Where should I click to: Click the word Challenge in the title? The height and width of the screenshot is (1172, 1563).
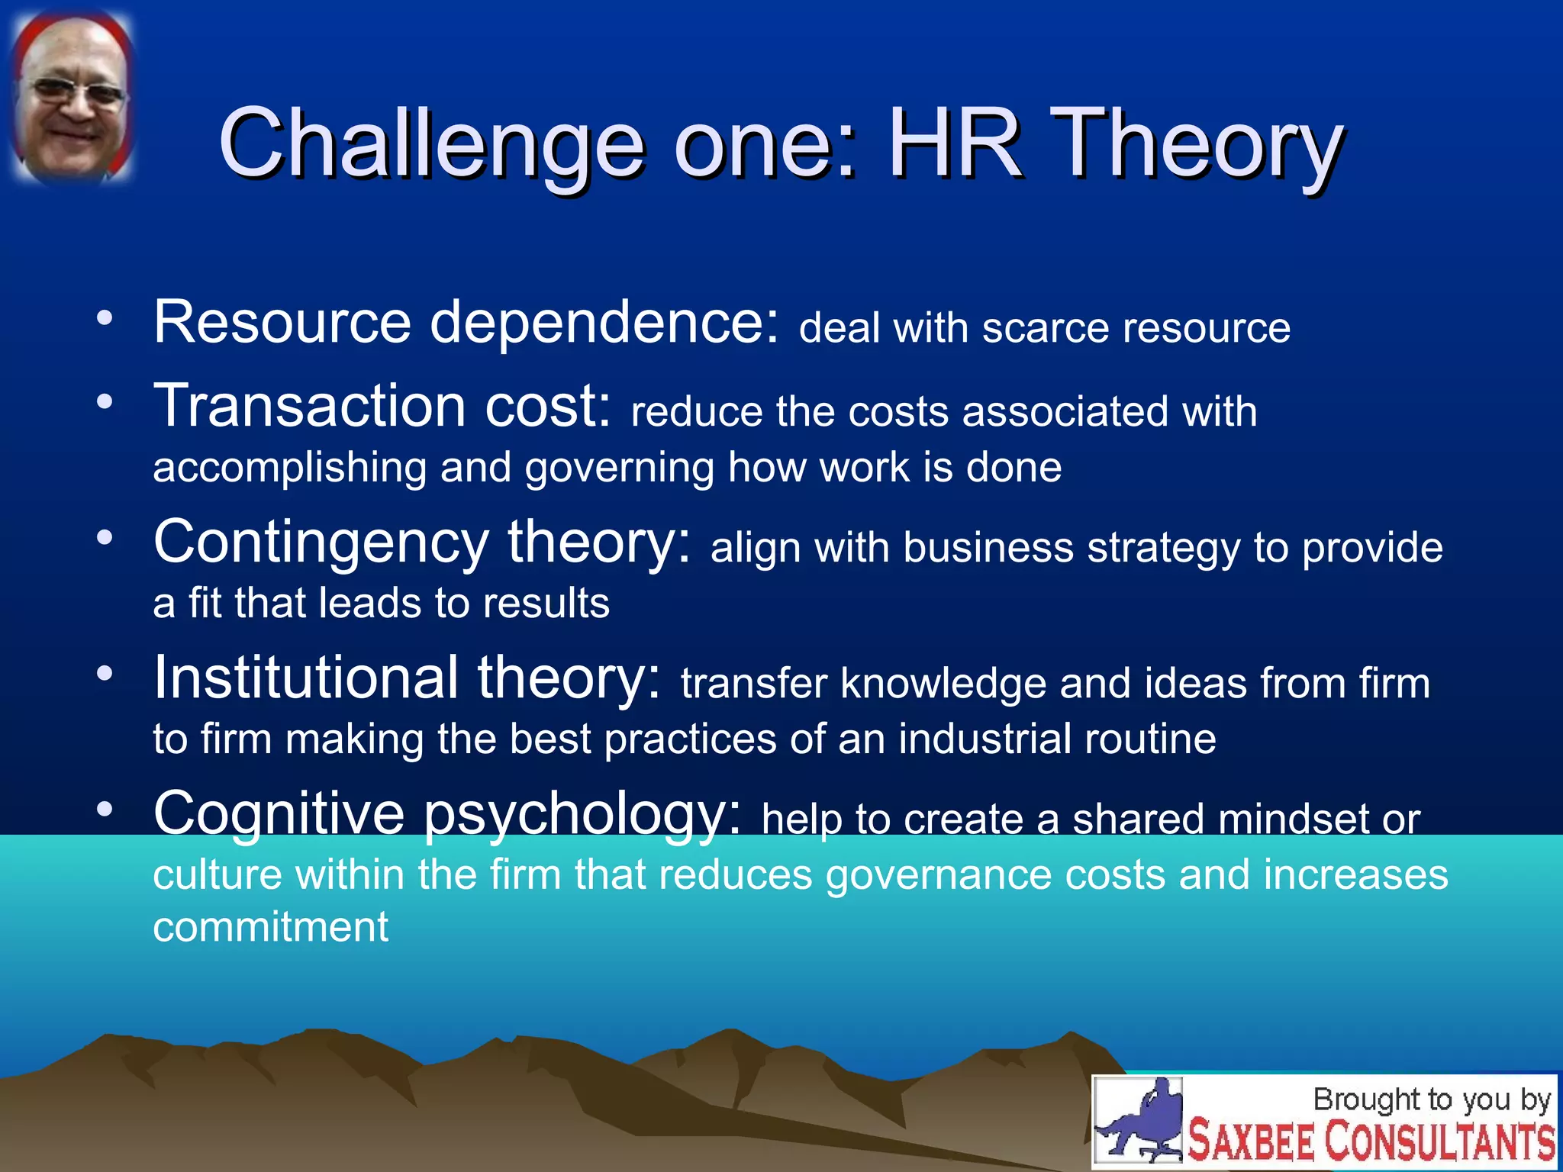click(431, 145)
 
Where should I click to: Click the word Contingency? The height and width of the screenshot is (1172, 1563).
click(321, 543)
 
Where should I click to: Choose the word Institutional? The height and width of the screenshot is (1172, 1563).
click(305, 678)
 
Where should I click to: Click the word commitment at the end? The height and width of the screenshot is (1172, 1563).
click(271, 928)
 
